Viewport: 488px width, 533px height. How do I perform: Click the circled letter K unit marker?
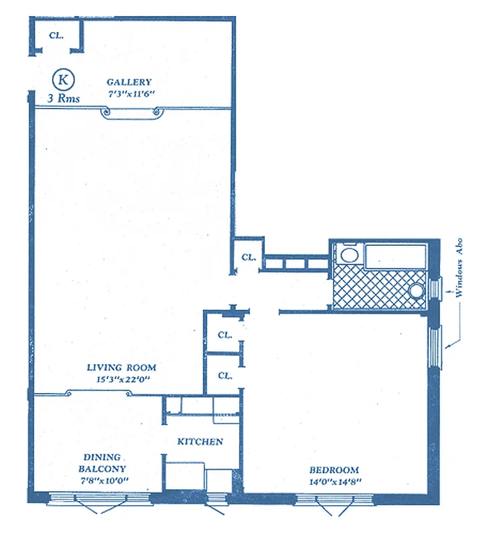pyautogui.click(x=64, y=79)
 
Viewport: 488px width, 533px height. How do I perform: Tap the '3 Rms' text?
pyautogui.click(x=64, y=98)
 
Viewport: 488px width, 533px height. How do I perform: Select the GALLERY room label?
pyautogui.click(x=129, y=83)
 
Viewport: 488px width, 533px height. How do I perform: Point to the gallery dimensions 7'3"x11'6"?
pyautogui.click(x=130, y=94)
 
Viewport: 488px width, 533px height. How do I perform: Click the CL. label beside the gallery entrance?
pyautogui.click(x=56, y=35)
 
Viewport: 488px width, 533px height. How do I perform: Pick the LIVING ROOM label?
pyautogui.click(x=122, y=367)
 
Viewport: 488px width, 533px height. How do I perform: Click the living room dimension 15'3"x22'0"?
pyautogui.click(x=122, y=379)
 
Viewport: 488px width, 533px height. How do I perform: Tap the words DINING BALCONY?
pyautogui.click(x=103, y=462)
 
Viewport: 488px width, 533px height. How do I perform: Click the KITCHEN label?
pyautogui.click(x=200, y=442)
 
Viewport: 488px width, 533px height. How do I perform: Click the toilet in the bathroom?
pyautogui.click(x=348, y=255)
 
